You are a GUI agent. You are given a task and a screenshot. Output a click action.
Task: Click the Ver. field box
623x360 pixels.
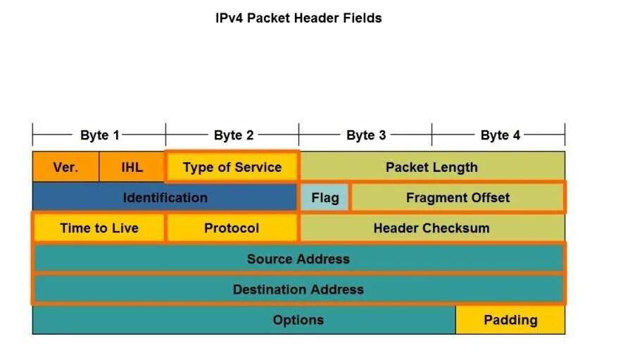point(65,167)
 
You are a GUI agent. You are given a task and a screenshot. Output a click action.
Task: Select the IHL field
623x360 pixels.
point(132,167)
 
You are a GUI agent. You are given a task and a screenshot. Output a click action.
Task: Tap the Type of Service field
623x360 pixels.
point(232,167)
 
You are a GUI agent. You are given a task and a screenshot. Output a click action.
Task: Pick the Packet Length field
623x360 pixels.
point(432,167)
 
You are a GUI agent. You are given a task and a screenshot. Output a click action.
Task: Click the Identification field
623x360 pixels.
point(165,197)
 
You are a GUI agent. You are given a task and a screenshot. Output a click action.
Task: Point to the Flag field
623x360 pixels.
point(325,197)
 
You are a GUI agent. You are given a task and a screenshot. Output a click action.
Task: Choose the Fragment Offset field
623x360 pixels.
point(458,197)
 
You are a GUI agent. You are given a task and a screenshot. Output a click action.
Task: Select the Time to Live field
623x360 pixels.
point(99,228)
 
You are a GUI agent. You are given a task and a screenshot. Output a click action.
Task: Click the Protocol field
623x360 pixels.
point(232,228)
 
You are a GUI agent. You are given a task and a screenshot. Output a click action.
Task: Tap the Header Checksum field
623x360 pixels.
point(432,228)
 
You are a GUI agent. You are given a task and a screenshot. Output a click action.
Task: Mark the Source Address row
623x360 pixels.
point(298,259)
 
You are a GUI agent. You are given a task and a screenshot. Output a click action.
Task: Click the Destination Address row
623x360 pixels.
point(298,289)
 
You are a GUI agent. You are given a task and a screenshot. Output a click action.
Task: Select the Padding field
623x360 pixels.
point(510,320)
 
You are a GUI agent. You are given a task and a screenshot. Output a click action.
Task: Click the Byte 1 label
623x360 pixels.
point(100,135)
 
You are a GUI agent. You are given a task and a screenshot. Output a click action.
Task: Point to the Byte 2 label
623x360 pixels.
point(233,135)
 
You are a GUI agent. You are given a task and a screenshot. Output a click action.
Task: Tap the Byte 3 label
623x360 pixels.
point(366,135)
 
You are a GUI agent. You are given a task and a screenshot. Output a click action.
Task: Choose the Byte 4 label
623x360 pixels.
point(500,135)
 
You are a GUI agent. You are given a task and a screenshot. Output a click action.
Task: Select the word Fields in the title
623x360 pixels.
point(363,18)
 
